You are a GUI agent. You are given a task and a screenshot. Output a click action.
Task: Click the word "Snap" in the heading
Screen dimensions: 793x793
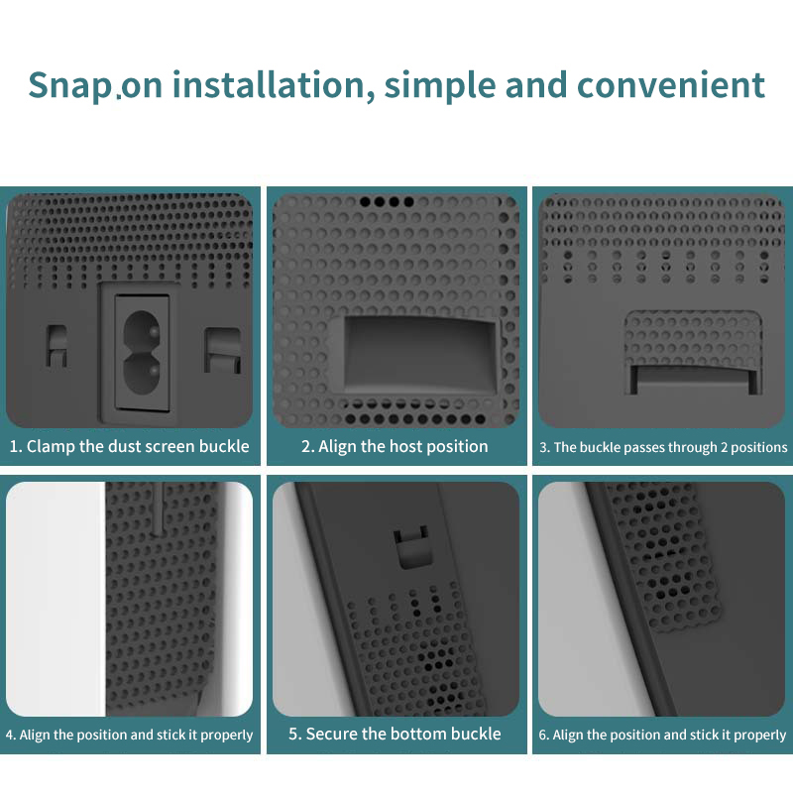(x=70, y=85)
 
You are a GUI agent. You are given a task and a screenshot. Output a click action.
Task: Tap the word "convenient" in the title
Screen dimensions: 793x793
(x=671, y=84)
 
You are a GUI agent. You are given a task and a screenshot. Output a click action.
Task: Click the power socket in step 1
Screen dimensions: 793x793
(x=141, y=352)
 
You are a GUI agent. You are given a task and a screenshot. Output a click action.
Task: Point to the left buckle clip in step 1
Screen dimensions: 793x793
(x=57, y=346)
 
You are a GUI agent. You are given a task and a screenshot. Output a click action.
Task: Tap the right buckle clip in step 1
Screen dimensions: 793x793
(x=222, y=350)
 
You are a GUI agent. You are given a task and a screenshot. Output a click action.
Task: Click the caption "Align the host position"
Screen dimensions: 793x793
(x=395, y=446)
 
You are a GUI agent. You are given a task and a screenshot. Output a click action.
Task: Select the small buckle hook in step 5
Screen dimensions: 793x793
(x=411, y=546)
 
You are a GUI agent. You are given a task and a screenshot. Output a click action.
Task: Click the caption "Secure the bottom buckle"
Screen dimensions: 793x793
(x=395, y=734)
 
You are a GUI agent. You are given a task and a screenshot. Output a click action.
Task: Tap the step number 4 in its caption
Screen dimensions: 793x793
(x=9, y=735)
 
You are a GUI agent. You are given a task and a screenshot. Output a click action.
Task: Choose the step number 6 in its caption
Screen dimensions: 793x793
(x=542, y=735)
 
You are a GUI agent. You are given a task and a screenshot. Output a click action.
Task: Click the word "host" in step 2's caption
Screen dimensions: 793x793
(x=406, y=446)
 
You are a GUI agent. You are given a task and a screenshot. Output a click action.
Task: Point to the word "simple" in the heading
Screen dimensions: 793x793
(x=440, y=86)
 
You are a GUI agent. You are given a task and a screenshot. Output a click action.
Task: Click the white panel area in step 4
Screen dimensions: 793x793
(x=56, y=599)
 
